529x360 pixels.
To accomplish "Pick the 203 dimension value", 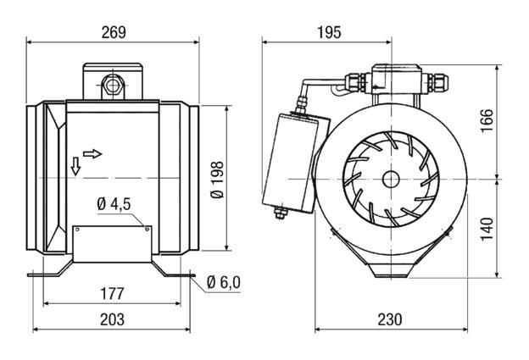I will click(112, 319).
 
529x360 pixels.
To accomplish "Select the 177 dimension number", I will click(112, 294).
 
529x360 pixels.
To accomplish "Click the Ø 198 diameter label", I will click(217, 179).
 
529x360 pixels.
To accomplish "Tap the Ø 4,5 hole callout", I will click(113, 204).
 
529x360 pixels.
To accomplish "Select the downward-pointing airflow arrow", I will click(75, 166).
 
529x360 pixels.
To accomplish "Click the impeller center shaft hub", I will click(390, 179).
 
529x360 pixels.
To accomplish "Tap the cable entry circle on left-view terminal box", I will click(111, 84).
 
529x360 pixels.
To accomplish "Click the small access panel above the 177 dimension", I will click(112, 243).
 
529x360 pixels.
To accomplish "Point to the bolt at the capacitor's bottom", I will click(280, 213).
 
